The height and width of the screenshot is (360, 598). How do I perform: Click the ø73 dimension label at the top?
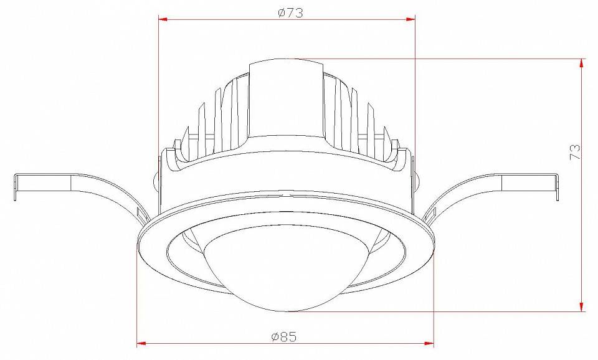(291, 12)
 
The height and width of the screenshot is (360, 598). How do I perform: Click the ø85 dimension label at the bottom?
(284, 337)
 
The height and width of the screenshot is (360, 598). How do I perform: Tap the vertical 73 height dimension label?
(575, 151)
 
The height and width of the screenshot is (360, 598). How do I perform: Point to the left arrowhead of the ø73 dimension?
(163, 19)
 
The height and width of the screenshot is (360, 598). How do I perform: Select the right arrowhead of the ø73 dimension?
(411, 19)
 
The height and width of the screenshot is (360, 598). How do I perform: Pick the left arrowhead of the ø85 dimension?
(141, 344)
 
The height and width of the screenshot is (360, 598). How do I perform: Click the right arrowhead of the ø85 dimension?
(429, 344)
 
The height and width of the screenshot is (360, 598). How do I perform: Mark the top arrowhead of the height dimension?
(581, 64)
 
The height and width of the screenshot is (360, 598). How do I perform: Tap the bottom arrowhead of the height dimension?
(581, 306)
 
